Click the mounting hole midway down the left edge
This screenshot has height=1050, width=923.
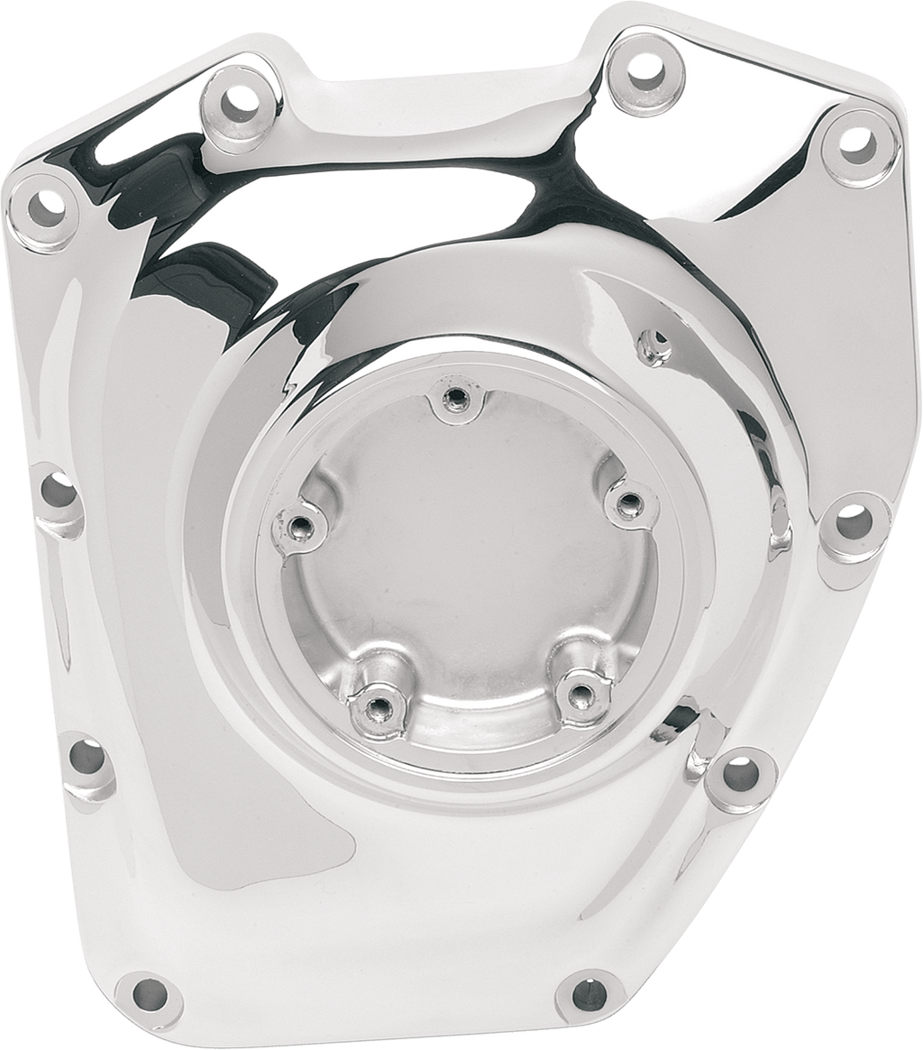[x=59, y=491]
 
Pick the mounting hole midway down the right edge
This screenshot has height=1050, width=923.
[x=852, y=520]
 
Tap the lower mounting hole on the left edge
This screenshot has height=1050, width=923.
[x=87, y=757]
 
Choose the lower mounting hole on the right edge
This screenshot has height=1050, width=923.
[x=740, y=773]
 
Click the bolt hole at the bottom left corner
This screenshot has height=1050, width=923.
[x=150, y=994]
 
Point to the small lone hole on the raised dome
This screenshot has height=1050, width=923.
[x=655, y=344]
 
